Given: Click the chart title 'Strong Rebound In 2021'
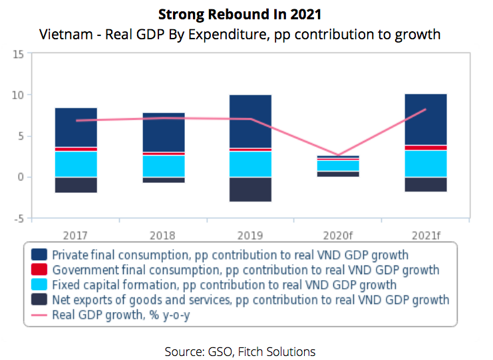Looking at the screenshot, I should point(246,14).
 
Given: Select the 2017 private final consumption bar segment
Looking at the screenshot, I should point(76,126).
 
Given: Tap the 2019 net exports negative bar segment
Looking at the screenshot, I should point(250,189).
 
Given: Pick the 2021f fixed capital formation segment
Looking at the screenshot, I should point(426,164).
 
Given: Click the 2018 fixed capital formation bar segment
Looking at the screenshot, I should point(164,166).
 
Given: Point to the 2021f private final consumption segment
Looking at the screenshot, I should point(426,119).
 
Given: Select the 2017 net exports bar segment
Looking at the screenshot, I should point(76,185).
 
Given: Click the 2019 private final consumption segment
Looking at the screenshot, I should point(250,121).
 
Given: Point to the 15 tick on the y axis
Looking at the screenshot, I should point(18,54).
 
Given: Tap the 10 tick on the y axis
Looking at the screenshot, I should point(18,95).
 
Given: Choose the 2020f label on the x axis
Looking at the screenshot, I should point(338,235).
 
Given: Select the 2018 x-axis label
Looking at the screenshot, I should point(164,235).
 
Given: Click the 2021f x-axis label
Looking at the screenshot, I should point(426,235).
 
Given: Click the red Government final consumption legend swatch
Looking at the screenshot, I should point(39,270).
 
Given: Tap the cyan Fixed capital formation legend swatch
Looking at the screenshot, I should point(39,285).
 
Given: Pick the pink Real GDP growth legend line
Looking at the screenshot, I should point(39,315).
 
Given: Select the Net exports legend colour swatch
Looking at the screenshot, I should point(39,300).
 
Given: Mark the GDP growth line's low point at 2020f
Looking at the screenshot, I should point(338,155).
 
